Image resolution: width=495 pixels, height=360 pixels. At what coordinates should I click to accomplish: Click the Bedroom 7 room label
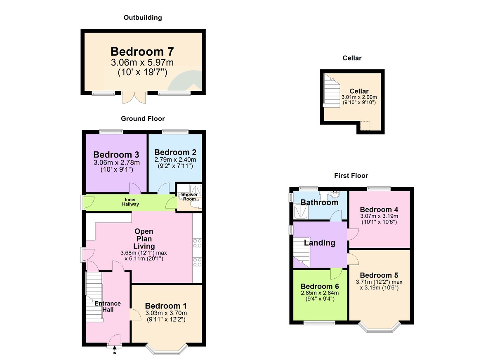click(x=142, y=52)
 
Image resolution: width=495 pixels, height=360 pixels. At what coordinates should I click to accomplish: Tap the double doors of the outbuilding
click(x=134, y=98)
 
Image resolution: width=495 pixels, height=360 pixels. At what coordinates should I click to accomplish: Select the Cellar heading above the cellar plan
click(x=352, y=58)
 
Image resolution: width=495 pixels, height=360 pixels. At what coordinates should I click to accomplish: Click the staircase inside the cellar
click(x=331, y=91)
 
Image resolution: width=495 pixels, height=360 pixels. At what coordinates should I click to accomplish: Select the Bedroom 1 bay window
click(x=167, y=349)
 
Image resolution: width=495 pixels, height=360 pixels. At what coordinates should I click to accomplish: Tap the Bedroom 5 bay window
click(x=379, y=327)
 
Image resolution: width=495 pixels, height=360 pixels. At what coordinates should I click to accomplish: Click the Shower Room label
click(x=187, y=197)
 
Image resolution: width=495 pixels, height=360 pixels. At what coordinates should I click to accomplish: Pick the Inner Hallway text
click(x=130, y=202)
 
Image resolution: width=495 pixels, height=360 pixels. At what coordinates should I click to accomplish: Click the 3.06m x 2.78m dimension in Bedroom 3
click(x=116, y=163)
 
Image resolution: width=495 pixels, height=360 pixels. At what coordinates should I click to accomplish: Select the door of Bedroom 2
click(x=163, y=188)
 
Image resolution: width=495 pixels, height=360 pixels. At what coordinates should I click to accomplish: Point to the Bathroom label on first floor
click(x=319, y=202)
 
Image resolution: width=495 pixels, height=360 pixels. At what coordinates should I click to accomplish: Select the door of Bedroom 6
click(x=336, y=273)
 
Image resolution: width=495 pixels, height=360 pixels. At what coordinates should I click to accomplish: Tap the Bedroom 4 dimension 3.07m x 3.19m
click(x=379, y=216)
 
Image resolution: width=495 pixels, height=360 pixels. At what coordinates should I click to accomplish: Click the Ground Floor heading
click(x=143, y=119)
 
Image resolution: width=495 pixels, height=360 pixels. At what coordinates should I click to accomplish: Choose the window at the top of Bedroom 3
click(x=111, y=132)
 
